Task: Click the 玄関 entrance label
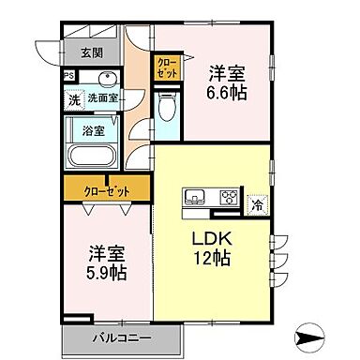pos(91,52)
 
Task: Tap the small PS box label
pos(68,77)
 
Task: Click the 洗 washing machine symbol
pos(73,98)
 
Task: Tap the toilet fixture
pos(168,110)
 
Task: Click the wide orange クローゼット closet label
pos(105,190)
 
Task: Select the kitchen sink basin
pos(197,197)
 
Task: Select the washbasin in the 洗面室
pos(105,78)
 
